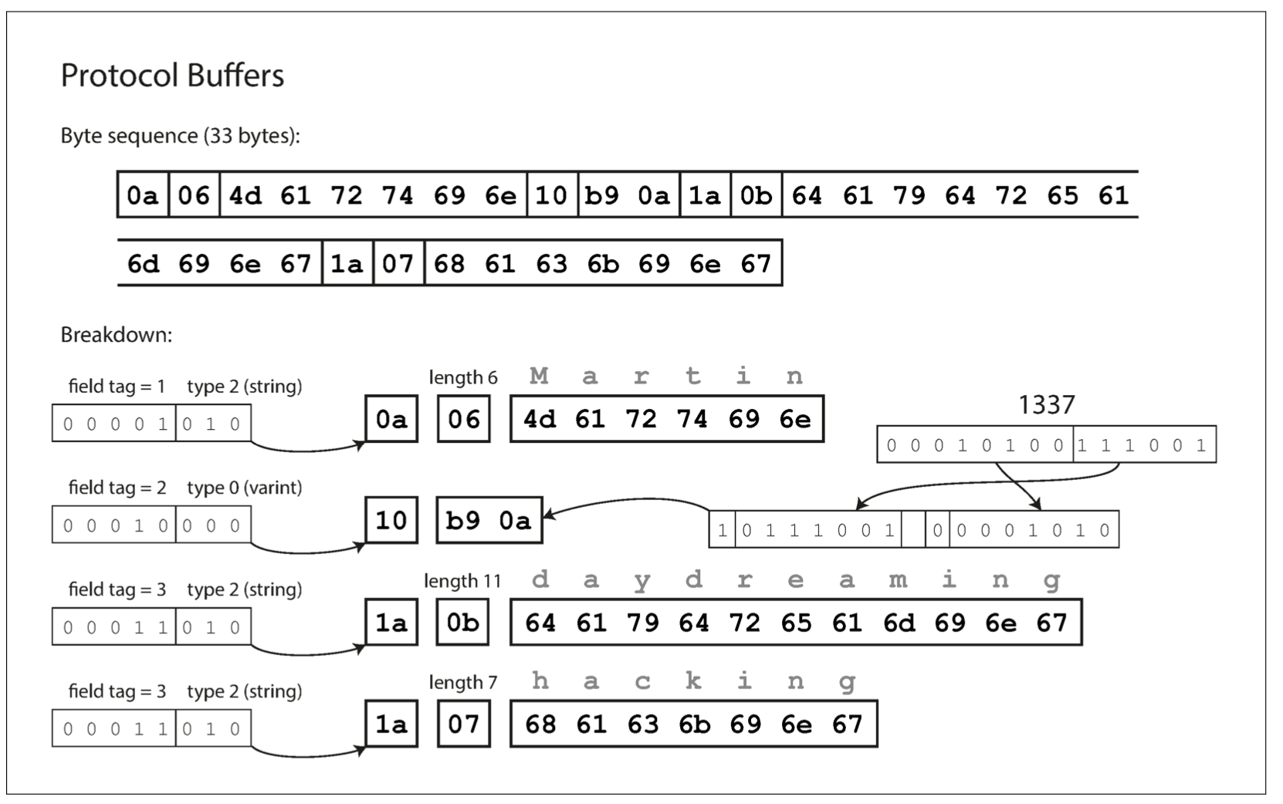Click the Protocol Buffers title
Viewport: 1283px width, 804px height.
click(172, 76)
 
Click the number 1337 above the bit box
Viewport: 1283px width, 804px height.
click(1046, 404)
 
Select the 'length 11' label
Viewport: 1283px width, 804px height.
click(462, 581)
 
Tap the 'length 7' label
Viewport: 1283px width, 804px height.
click(463, 682)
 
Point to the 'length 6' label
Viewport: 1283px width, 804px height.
click(463, 377)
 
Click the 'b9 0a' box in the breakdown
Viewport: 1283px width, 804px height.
click(489, 521)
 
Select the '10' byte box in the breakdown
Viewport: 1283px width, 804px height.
click(391, 521)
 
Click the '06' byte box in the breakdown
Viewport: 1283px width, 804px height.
click(464, 419)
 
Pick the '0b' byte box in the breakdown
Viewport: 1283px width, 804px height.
click(464, 622)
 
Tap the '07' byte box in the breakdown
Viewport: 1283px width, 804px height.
click(464, 724)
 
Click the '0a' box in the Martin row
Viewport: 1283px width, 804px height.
click(391, 419)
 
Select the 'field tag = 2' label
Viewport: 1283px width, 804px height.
click(117, 488)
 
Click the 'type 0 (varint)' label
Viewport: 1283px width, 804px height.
click(244, 488)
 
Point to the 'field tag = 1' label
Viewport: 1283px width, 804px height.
click(117, 386)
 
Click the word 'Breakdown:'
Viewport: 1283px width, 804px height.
click(117, 335)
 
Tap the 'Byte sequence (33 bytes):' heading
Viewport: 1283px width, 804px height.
click(180, 136)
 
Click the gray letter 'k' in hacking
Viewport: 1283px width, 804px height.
click(693, 681)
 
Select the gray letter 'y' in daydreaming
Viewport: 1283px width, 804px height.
click(642, 581)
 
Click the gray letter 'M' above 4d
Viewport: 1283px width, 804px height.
click(539, 376)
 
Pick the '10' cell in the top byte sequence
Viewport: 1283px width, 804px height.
click(551, 195)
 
